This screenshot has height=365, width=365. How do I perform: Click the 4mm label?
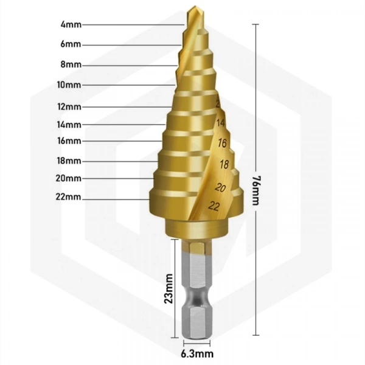pyautogui.click(x=71, y=24)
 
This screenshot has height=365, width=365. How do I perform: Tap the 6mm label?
pyautogui.click(x=71, y=44)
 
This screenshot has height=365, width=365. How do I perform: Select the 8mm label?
pyautogui.click(x=71, y=64)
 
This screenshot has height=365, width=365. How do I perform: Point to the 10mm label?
pyautogui.click(x=69, y=85)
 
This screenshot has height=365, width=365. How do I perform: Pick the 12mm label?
pyautogui.click(x=69, y=107)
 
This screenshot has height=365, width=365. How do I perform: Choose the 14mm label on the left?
pyautogui.click(x=69, y=125)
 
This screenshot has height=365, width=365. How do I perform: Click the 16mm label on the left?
pyautogui.click(x=69, y=141)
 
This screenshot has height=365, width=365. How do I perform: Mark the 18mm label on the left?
pyautogui.click(x=69, y=161)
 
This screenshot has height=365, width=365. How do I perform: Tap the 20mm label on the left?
pyautogui.click(x=68, y=178)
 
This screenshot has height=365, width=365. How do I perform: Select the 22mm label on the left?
pyautogui.click(x=68, y=197)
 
